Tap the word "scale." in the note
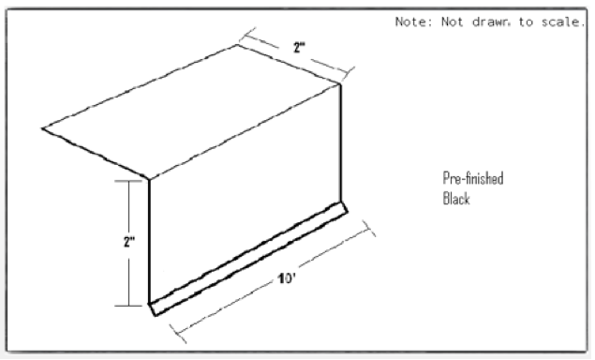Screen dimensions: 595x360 (560, 22)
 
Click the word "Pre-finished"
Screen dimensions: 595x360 (473, 179)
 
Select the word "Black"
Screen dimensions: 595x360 (456, 199)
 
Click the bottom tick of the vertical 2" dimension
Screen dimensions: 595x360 (127, 305)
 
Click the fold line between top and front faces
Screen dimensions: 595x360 (244, 131)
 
